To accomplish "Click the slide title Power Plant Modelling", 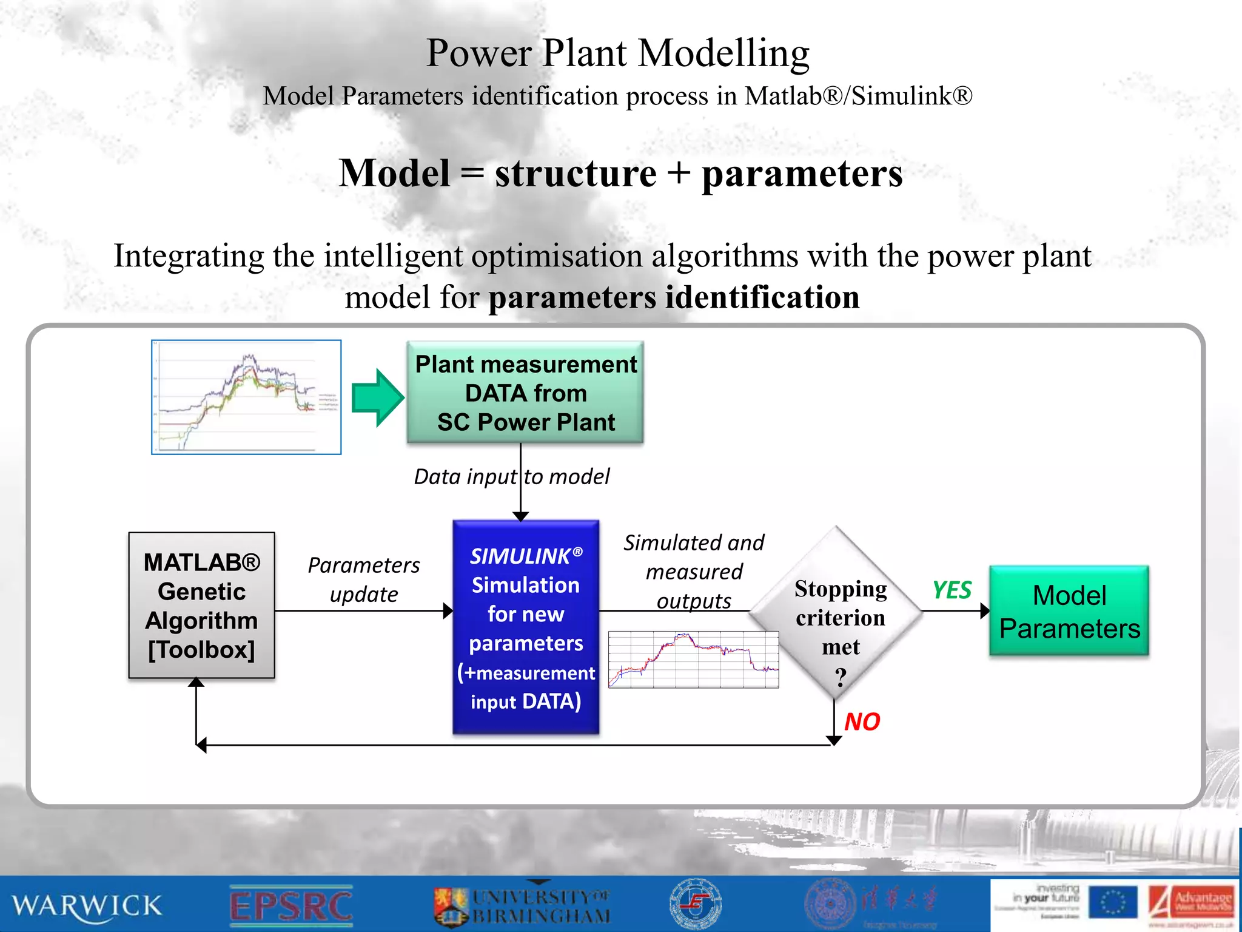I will pos(617,53).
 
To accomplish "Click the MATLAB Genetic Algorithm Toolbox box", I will pos(201,606).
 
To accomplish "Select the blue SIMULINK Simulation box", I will pos(526,627).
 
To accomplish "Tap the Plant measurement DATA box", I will pos(525,393).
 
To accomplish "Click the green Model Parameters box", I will pos(1069,611).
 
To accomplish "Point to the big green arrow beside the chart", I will pos(378,397).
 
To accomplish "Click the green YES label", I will pos(951,590).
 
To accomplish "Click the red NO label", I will pos(862,721).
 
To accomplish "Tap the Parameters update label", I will pos(363,579).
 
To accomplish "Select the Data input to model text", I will pos(511,477).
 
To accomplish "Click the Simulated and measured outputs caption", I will pos(694,571).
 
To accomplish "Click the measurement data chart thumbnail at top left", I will pos(246,397).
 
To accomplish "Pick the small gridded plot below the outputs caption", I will pos(693,660).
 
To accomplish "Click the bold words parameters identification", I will pos(674,297).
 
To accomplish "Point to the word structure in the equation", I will pos(575,174).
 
